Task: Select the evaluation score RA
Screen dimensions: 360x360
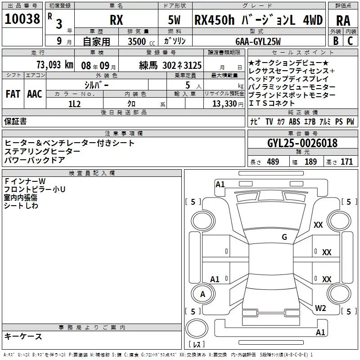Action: (343, 20)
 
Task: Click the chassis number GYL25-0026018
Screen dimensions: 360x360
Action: (302, 144)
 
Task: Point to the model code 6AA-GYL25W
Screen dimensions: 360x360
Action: (257, 42)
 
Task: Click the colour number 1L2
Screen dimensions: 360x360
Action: (74, 103)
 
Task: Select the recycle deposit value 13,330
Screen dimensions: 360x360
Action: (224, 103)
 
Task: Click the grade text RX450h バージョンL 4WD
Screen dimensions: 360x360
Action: (258, 20)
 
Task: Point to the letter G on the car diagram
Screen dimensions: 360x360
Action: (284, 237)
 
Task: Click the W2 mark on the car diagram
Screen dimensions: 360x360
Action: (320, 308)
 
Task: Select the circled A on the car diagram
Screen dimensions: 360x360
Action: (202, 294)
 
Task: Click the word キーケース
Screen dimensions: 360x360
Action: (23, 337)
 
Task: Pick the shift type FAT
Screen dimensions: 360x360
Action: (13, 94)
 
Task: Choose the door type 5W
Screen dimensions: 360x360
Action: (175, 20)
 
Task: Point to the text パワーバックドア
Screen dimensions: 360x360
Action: (35, 160)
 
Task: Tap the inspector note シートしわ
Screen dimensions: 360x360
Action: (21, 205)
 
